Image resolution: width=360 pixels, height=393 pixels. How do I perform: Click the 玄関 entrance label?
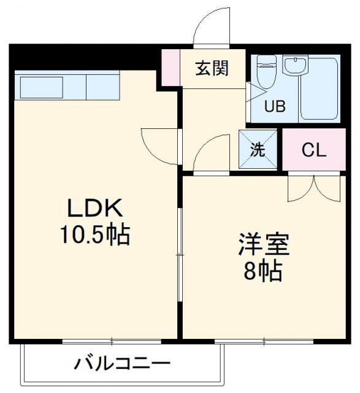(212, 69)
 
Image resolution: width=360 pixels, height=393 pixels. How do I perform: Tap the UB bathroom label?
(274, 106)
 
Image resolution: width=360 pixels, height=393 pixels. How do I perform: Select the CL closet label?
(313, 149)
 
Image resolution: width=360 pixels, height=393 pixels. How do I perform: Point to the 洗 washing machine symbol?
(259, 149)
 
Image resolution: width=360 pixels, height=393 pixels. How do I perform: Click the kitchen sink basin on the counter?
(39, 86)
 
